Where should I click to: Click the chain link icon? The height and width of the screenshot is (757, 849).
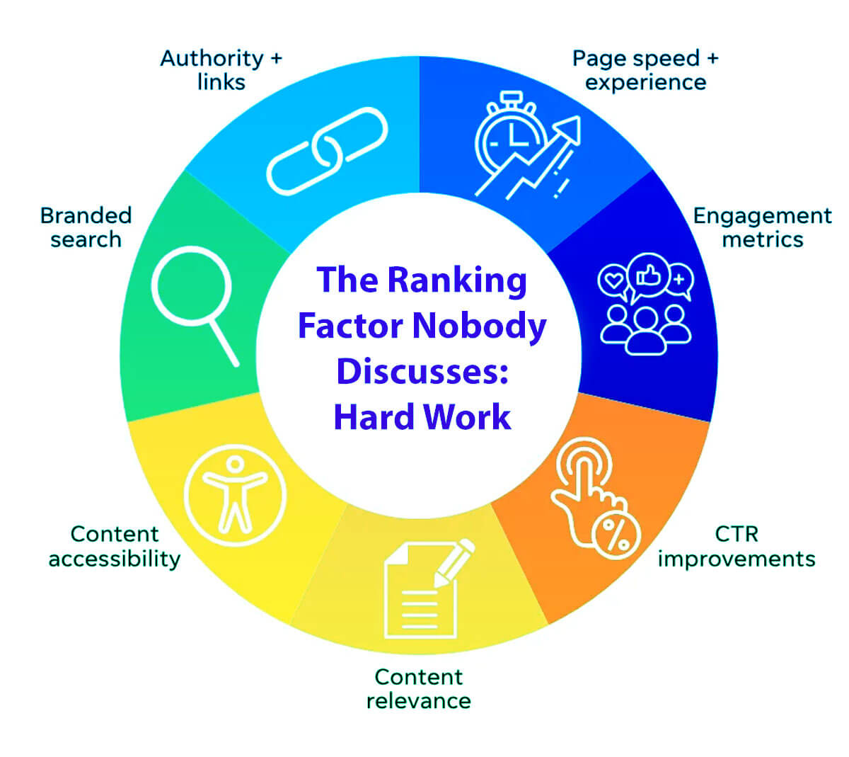327,150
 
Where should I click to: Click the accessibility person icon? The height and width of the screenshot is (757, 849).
235,494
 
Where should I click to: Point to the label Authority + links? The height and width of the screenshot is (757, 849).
221,69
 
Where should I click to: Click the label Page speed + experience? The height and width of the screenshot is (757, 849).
645,69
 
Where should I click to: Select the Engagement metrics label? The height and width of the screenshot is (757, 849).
762,227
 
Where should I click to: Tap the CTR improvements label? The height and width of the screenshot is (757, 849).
736,545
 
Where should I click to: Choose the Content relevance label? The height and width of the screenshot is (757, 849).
418,688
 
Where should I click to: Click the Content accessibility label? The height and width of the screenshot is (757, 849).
115,545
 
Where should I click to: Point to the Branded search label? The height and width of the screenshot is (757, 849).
86,227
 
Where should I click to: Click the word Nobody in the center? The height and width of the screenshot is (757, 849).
479,326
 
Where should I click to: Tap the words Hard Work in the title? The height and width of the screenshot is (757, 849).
422,416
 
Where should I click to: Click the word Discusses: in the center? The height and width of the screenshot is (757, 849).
422,371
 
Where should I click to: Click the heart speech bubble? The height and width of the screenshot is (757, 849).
613,280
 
